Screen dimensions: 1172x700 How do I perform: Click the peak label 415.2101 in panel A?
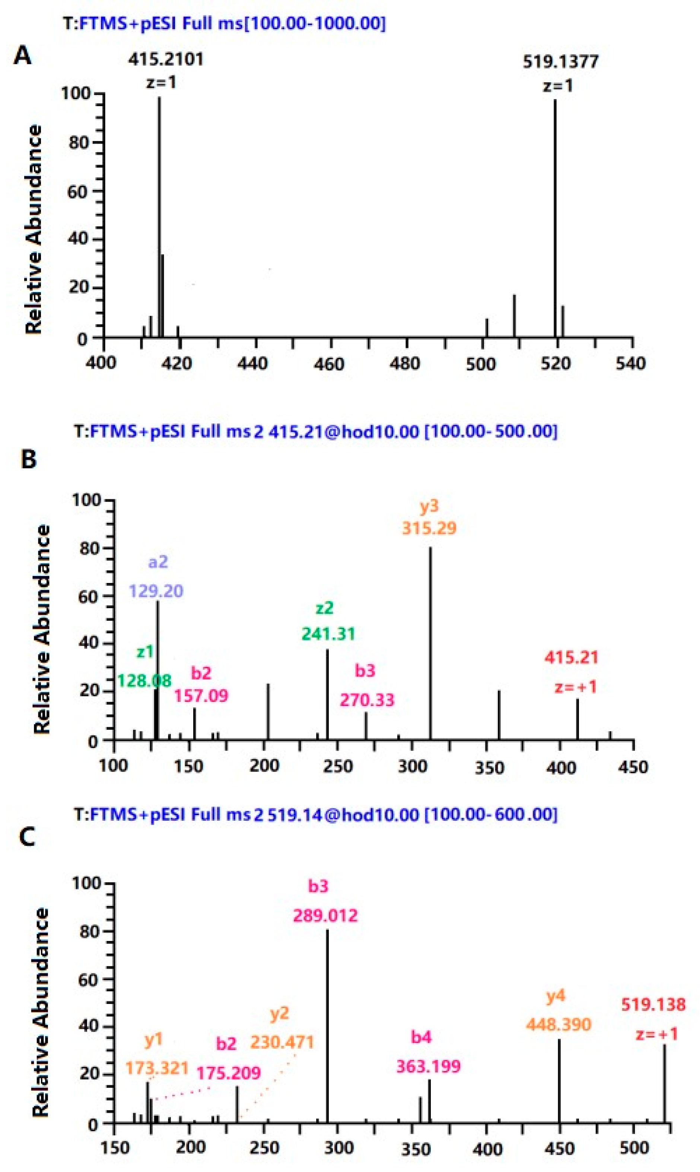(166, 60)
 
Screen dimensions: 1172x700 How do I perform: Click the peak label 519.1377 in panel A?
(560, 61)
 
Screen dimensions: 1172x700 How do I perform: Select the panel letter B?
(29, 459)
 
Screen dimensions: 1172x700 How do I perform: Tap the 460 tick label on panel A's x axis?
(329, 364)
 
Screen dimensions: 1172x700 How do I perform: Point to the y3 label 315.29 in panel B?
(429, 528)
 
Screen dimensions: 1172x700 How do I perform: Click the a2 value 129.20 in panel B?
(156, 591)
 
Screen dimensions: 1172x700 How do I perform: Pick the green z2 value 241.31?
(328, 634)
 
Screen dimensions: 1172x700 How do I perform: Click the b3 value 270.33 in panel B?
(367, 700)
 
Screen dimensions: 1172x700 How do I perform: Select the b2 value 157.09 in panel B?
(201, 695)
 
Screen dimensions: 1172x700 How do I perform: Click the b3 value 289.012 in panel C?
(325, 916)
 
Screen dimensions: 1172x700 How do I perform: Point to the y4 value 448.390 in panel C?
(559, 1024)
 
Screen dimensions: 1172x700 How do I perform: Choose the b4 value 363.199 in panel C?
(428, 1066)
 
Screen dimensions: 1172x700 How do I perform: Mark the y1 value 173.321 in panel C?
(157, 1067)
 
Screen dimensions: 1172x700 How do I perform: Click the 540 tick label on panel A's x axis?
(631, 363)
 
